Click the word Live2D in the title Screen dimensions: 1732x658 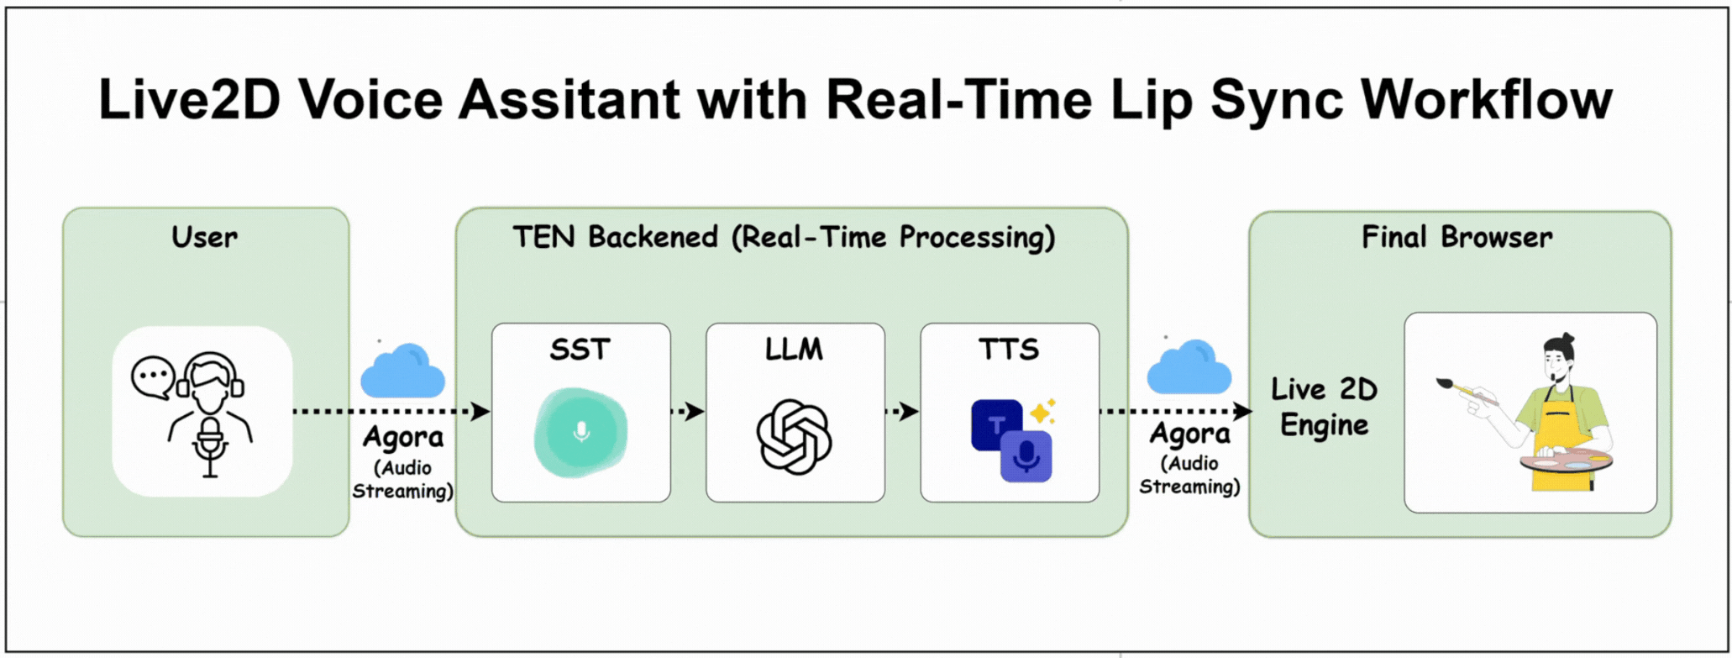click(x=189, y=99)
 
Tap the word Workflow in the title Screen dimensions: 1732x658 click(x=1487, y=99)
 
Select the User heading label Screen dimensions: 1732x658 click(x=204, y=237)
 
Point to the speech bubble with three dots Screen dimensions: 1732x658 click(x=153, y=377)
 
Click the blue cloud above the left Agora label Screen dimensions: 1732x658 click(x=402, y=371)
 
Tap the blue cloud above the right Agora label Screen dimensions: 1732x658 click(x=1189, y=367)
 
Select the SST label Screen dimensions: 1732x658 click(x=580, y=349)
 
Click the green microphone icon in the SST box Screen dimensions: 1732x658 click(x=580, y=432)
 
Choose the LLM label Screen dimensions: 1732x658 click(x=795, y=349)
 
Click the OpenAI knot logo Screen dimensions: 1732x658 click(x=795, y=437)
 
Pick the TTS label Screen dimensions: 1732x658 click(x=1009, y=349)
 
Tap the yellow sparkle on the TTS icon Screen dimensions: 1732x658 click(x=1043, y=411)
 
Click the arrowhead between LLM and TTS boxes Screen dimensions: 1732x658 click(x=910, y=412)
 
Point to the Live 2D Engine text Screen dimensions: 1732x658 click(x=1325, y=407)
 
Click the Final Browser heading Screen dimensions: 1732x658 click(x=1457, y=237)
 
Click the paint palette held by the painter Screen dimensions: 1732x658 click(x=1566, y=461)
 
